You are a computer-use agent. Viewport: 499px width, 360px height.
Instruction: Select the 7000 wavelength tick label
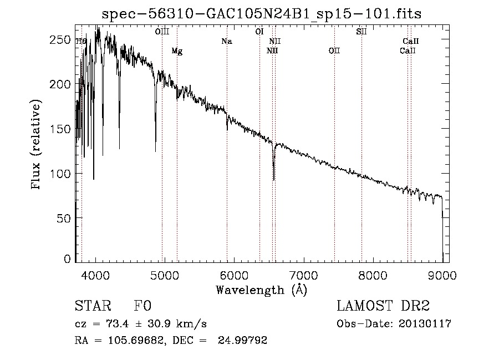(303, 276)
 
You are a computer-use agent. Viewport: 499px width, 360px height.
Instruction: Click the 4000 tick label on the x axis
(95, 276)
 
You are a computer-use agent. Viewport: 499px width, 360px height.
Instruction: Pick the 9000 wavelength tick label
(442, 276)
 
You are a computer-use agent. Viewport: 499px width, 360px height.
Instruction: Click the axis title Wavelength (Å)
(261, 290)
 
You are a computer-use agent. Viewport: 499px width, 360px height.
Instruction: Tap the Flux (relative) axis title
(37, 145)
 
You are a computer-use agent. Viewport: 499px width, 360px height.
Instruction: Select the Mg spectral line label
(177, 51)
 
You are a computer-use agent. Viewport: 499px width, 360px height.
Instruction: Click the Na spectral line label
(226, 41)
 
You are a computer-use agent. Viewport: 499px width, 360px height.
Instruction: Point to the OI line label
(259, 32)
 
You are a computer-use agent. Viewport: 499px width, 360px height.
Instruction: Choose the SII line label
(361, 32)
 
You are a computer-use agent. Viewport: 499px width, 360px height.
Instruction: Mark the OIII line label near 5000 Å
(162, 32)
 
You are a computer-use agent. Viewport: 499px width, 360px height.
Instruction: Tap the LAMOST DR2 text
(383, 307)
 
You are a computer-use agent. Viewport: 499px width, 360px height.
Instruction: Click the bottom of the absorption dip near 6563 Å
(273, 179)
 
